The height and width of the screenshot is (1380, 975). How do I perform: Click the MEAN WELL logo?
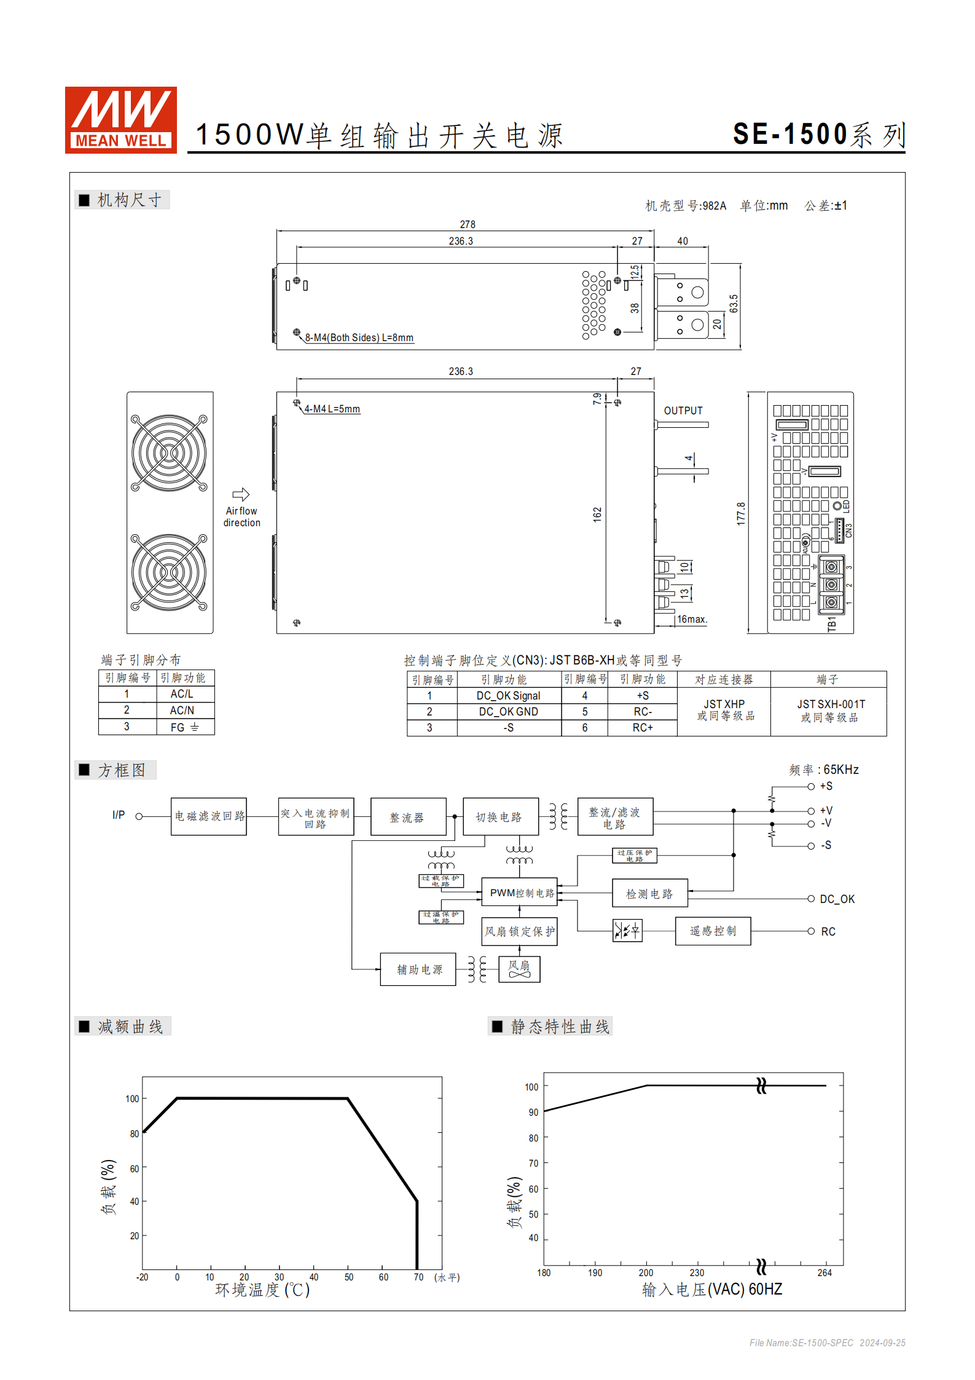coord(121,120)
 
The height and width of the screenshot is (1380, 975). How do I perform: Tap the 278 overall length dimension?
coord(467,225)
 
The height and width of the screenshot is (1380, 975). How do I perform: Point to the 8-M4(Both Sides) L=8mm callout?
coord(359,338)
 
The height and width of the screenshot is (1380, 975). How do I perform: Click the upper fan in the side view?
coord(169,453)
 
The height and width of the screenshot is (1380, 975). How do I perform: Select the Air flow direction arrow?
coord(241,494)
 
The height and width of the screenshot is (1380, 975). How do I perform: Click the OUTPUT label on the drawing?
coord(683,411)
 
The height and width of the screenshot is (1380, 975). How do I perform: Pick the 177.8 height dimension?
coord(741,513)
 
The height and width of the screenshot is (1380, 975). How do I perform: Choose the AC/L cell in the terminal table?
coord(182,694)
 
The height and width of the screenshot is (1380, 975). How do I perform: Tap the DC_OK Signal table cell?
coord(508,696)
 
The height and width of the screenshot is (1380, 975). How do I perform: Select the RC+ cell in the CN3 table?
coord(643,728)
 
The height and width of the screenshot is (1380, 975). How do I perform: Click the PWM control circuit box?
coord(520,893)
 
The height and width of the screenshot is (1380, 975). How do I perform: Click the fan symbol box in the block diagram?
coord(519,969)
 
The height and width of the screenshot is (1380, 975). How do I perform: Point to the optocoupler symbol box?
coord(627,931)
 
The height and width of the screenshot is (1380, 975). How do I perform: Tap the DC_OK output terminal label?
coord(837,899)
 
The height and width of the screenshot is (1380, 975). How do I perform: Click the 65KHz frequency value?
coord(840,770)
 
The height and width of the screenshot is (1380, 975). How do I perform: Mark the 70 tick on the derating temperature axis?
coord(418,1277)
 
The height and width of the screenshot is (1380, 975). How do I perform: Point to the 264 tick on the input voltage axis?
coord(824,1273)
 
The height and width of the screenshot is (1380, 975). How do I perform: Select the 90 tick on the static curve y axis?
coord(533,1113)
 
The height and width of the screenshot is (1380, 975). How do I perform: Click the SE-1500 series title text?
coord(819,135)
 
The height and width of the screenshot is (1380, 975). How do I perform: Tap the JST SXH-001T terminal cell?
coord(831,711)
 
